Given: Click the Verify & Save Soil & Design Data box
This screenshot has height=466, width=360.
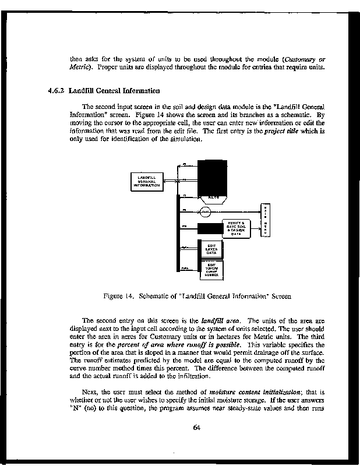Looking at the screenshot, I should [235, 229].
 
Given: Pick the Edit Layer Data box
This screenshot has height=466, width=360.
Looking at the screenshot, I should [211, 249].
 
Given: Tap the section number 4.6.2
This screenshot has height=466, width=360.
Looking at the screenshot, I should [55, 91].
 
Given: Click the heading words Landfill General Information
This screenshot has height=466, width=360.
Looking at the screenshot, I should [114, 91].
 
